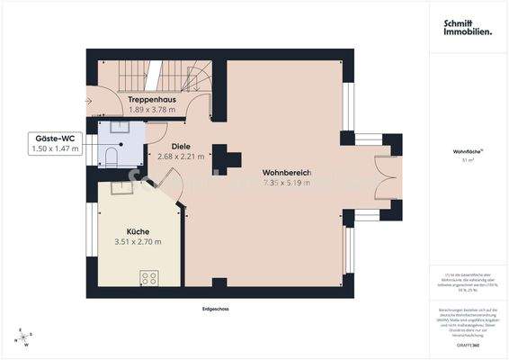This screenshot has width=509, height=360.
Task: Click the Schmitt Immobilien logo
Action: pos(467,28)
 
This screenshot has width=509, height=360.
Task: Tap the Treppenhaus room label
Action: pos(150,99)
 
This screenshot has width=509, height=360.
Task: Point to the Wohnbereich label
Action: pos(286,172)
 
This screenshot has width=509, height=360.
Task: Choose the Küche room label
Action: pos(138,231)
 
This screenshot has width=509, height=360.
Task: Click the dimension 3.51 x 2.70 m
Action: pos(138,242)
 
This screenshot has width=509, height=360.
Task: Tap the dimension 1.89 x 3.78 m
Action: pos(150,110)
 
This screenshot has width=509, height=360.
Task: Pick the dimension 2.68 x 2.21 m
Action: pos(181,156)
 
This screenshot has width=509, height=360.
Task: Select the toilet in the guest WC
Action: pos(109,157)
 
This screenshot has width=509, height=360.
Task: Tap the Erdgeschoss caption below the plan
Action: pos(216,309)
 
